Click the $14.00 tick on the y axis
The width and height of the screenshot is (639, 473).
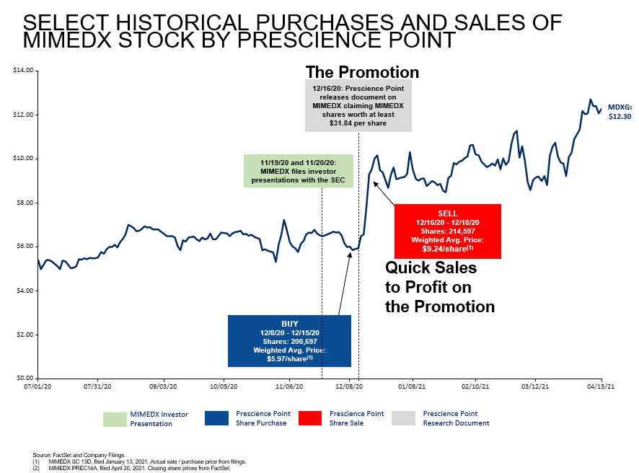click(x=24, y=70)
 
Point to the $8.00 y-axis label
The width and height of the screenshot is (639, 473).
click(x=25, y=203)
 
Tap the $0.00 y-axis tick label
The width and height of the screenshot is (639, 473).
click(x=25, y=378)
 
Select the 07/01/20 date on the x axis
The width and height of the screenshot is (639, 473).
click(x=38, y=386)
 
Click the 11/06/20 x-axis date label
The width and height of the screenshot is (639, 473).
click(x=288, y=386)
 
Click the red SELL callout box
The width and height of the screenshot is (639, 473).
click(x=448, y=231)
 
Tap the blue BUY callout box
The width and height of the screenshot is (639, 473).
click(x=289, y=340)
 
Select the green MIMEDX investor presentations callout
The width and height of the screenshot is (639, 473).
click(x=299, y=170)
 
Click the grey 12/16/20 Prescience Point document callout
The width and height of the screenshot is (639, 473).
click(x=358, y=106)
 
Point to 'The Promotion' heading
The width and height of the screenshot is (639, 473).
click(x=362, y=72)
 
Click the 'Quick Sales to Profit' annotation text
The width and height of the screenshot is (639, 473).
click(x=440, y=287)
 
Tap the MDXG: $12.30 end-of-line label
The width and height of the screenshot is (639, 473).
click(x=620, y=111)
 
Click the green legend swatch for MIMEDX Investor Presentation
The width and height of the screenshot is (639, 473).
click(x=114, y=418)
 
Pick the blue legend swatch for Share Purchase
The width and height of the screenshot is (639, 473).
click(x=216, y=418)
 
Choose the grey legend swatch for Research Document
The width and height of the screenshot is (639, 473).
click(x=403, y=418)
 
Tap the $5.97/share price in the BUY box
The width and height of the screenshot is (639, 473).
click(x=286, y=358)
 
